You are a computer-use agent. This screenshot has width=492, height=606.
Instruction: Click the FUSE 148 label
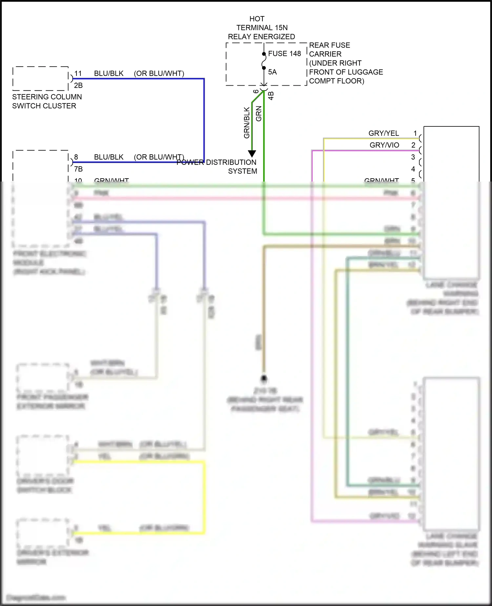pos(284,54)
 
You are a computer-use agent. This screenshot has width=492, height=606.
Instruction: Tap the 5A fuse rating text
pos(272,72)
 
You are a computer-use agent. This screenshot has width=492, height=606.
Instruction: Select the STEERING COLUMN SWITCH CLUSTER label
pos(47,101)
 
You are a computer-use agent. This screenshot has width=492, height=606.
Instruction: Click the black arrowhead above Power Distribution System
pos(252,154)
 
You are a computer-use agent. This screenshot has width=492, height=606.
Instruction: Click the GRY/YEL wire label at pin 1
pos(383,133)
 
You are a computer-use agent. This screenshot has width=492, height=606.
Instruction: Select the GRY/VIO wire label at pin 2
pos(384,145)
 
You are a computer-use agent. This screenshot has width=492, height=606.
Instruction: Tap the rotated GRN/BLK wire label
pos(247,123)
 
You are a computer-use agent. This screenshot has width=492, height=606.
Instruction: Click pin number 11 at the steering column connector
pos(78,73)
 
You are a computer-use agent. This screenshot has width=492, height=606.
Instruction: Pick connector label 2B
pos(78,85)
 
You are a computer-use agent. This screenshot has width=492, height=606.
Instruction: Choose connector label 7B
pos(78,169)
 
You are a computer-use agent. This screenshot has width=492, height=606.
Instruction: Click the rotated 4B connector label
pos(271,96)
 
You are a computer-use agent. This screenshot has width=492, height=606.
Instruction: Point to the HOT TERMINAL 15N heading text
pos(261,28)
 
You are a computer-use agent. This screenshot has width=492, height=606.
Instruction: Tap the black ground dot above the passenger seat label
pos(264,379)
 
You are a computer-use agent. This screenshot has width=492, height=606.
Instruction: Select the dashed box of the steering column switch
pos(40,78)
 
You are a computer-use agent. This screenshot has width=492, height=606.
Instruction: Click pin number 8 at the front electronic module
pos(76,157)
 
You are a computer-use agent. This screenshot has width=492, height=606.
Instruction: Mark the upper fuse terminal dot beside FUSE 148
pos(264,54)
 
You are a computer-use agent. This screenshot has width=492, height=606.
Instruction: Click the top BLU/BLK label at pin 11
pos(109,74)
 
